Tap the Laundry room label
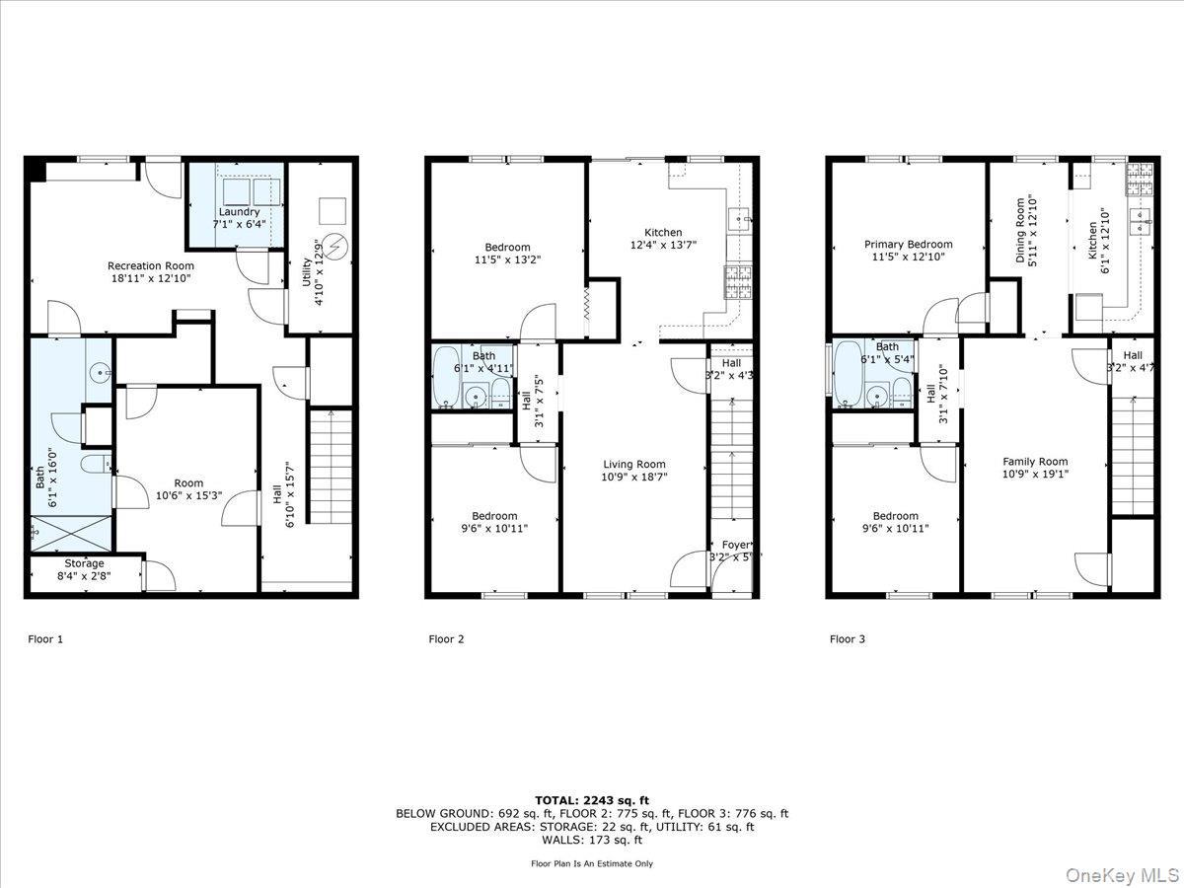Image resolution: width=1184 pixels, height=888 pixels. click(x=240, y=218)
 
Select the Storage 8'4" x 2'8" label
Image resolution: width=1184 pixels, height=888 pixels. click(x=84, y=570)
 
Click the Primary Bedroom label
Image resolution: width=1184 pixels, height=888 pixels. click(x=908, y=251)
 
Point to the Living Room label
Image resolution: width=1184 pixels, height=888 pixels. click(x=634, y=471)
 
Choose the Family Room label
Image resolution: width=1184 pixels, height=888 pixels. click(x=1035, y=468)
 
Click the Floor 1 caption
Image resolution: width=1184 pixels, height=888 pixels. click(x=45, y=639)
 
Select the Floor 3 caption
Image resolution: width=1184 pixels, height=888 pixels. click(x=848, y=639)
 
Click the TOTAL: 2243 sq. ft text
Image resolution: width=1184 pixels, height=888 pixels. click(x=592, y=800)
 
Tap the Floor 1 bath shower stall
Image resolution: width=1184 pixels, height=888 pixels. click(x=71, y=533)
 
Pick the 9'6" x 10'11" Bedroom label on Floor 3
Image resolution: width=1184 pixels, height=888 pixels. click(x=895, y=522)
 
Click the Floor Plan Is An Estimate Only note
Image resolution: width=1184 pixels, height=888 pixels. click(x=592, y=863)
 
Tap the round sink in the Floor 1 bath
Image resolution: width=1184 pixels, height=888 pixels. click(x=100, y=372)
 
